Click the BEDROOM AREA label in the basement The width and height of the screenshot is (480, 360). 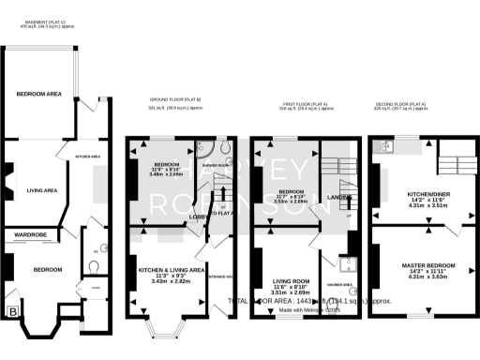point(38,94)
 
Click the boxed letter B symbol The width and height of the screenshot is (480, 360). point(13,311)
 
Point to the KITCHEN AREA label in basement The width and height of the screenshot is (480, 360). point(87,157)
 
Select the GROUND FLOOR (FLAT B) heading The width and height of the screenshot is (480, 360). point(175,98)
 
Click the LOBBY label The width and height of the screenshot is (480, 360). point(199,217)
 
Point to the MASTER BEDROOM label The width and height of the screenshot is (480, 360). point(412,266)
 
